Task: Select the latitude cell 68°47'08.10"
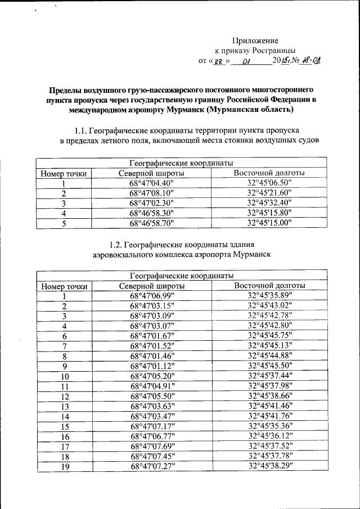(x=152, y=193)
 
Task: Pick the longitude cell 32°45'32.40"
(x=269, y=203)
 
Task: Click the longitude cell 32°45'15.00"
(x=269, y=223)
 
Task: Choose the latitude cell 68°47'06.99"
(x=152, y=296)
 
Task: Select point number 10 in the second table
(x=65, y=376)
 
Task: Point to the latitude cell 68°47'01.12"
(x=152, y=366)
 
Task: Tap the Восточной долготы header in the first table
(x=269, y=173)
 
